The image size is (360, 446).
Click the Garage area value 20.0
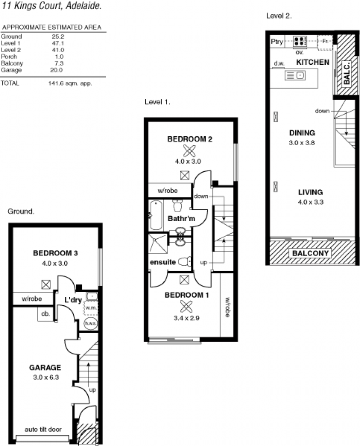pos(56,70)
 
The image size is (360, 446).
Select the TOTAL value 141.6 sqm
pos(70,83)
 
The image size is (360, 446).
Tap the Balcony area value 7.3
pos(59,63)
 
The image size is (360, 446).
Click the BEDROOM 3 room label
pos(55,253)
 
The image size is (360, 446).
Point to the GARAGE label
pos(45,367)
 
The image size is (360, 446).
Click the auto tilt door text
pos(43,429)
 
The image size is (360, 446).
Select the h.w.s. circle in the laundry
pos(90,323)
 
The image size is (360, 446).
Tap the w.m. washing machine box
pos(90,308)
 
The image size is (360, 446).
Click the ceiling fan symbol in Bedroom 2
pos(189,151)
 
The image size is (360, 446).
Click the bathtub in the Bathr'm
pos(156,215)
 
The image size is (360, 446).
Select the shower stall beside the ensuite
pos(158,244)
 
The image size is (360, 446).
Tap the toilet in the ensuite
pos(184,261)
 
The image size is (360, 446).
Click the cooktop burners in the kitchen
pos(300,41)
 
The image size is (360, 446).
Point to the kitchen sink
pos(295,76)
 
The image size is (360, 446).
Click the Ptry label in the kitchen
pos(277,41)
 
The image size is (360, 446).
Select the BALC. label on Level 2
pos(346,74)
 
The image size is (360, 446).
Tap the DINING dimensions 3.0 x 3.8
pos(301,143)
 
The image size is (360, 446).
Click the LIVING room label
pos(310,192)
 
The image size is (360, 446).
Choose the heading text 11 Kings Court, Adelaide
pos(52,6)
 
